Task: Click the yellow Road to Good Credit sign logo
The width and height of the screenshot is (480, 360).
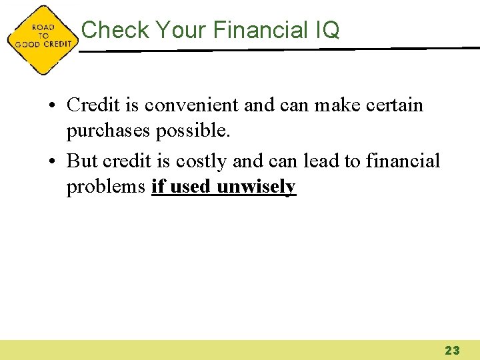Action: (42, 39)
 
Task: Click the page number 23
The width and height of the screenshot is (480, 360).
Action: (452, 350)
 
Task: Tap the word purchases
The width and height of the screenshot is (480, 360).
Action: (108, 132)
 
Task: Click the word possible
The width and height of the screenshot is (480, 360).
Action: (193, 132)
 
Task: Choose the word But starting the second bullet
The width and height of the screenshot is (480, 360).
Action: (83, 161)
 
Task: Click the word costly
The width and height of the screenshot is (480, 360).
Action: (202, 161)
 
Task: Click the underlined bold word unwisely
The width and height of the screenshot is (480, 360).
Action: (256, 187)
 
